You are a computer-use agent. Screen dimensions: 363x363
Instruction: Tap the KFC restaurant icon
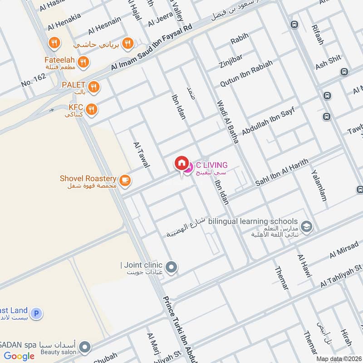coord(92,109)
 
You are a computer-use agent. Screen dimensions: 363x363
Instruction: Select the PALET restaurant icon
coord(93,86)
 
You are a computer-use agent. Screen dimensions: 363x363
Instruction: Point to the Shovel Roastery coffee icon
coord(125,181)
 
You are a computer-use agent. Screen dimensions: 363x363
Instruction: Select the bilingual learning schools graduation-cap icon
coord(307,226)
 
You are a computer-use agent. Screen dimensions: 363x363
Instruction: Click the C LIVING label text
coord(211,165)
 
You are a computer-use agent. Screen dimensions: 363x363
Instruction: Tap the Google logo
coord(20,356)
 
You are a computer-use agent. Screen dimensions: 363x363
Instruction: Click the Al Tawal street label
coord(142,154)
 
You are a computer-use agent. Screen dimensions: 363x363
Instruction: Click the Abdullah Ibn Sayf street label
coord(268,121)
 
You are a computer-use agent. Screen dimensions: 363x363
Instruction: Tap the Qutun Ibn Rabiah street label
coord(246,74)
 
